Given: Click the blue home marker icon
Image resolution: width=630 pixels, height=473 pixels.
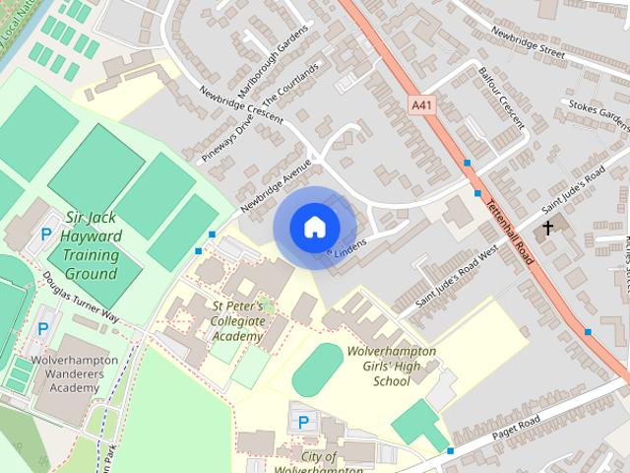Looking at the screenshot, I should [313, 228].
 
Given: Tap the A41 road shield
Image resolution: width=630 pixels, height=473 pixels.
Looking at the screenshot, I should [420, 102].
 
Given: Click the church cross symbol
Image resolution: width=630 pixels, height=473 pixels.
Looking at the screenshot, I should [548, 229].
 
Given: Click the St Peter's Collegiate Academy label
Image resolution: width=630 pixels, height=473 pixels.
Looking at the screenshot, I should [237, 321].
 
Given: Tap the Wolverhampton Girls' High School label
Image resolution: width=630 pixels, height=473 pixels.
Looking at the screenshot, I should [392, 365].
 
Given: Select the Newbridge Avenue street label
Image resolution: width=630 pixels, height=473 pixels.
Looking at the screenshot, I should [275, 184].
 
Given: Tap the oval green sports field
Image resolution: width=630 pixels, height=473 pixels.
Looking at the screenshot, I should [317, 371].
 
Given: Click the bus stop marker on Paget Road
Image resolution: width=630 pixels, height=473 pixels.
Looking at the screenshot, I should [450, 450].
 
